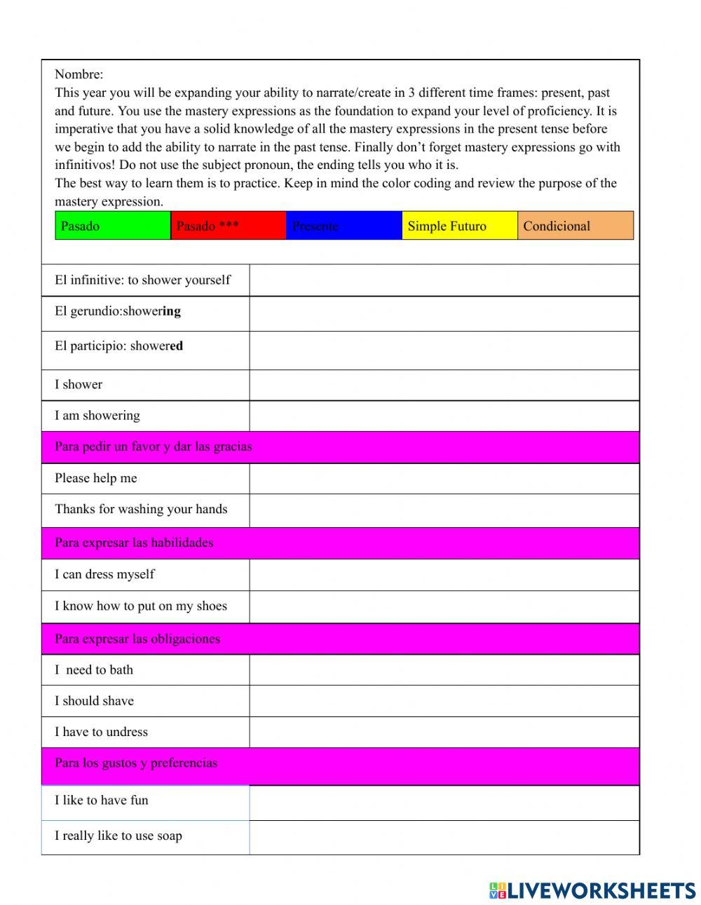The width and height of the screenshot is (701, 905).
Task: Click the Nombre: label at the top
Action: (79, 74)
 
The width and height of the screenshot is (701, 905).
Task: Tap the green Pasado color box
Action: (113, 226)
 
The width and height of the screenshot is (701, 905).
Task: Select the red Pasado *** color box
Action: (228, 226)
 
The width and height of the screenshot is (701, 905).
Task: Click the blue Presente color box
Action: (343, 226)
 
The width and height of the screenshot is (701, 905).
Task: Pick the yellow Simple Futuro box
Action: (459, 226)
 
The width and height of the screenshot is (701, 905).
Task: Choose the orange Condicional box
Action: (575, 226)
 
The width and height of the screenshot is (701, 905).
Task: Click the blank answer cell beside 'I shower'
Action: (444, 385)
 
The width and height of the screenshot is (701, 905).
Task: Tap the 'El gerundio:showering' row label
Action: (118, 311)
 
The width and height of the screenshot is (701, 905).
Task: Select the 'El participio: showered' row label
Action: (119, 346)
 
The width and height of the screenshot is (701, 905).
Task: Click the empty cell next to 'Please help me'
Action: (444, 478)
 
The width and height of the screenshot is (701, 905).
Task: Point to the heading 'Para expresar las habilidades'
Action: (134, 543)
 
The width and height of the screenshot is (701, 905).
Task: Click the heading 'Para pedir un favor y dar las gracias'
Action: (154, 447)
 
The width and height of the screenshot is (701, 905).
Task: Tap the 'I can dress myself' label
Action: (104, 574)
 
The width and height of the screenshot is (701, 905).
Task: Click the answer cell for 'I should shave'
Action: (444, 700)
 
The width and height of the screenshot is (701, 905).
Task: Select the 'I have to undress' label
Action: (102, 732)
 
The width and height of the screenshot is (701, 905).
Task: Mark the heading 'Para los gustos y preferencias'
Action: (136, 763)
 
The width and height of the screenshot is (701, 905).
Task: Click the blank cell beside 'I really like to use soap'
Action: (444, 837)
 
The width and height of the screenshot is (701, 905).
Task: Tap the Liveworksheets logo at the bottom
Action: (592, 890)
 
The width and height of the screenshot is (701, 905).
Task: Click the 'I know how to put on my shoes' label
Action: (141, 606)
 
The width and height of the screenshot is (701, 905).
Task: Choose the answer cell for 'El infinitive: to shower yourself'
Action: (444, 280)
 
